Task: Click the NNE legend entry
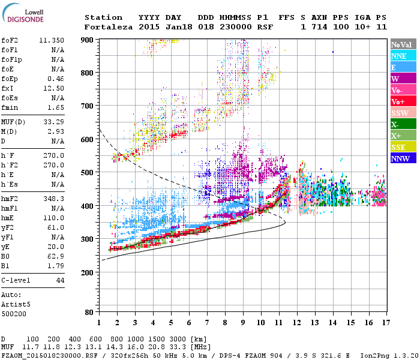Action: point(402,56)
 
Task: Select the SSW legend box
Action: point(402,113)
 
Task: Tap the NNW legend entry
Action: point(402,158)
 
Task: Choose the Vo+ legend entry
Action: point(402,101)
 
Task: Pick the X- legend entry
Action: point(402,124)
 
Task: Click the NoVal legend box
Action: point(402,44)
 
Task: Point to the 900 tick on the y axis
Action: point(89,40)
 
